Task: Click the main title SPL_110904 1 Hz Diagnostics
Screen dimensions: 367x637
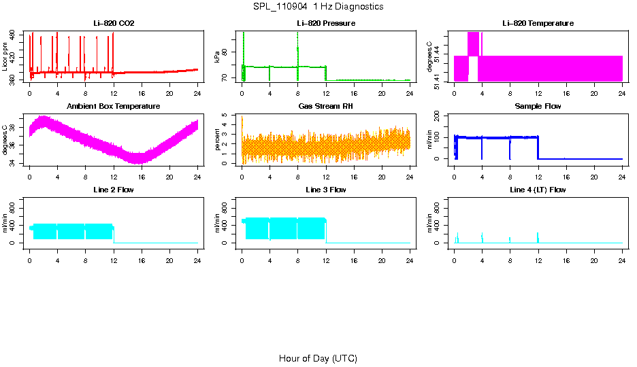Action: pos(318,7)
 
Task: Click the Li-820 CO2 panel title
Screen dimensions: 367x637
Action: pos(114,24)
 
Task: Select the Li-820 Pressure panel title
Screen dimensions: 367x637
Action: pos(326,24)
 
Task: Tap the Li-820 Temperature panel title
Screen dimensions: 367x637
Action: pos(538,24)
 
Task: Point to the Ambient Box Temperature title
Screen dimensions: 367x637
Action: pos(114,107)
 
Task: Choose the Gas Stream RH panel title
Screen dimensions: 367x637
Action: pos(326,107)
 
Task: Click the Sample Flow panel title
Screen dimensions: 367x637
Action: pos(538,107)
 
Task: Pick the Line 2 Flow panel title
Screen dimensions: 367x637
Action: pos(114,190)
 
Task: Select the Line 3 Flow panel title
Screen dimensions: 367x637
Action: pos(326,190)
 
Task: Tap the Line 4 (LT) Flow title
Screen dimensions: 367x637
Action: pos(538,190)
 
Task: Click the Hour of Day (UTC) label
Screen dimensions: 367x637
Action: pos(318,358)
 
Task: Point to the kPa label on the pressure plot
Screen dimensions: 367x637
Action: pos(217,57)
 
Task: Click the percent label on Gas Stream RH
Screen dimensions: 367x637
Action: pos(217,140)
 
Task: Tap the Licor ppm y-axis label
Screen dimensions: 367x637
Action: pos(5,57)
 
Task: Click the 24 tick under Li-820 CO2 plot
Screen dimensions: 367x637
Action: pos(197,93)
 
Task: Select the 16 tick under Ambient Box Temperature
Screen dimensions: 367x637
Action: pos(142,176)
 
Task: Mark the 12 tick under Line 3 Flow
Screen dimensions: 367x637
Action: pos(326,259)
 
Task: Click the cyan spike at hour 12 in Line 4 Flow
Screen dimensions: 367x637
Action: pos(538,237)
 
